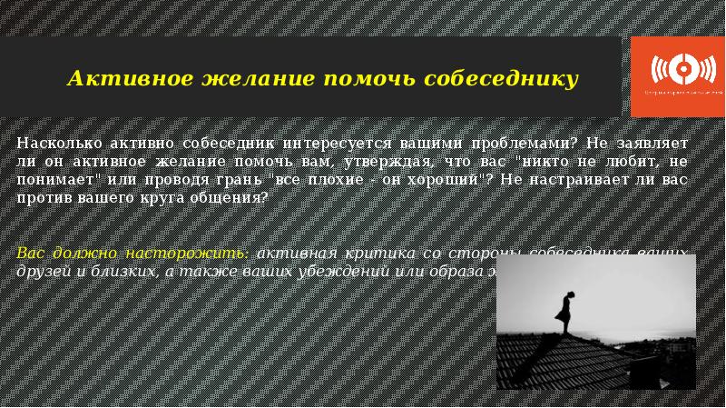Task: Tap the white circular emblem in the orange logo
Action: (x=675, y=70)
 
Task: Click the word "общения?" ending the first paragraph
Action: (x=233, y=199)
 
